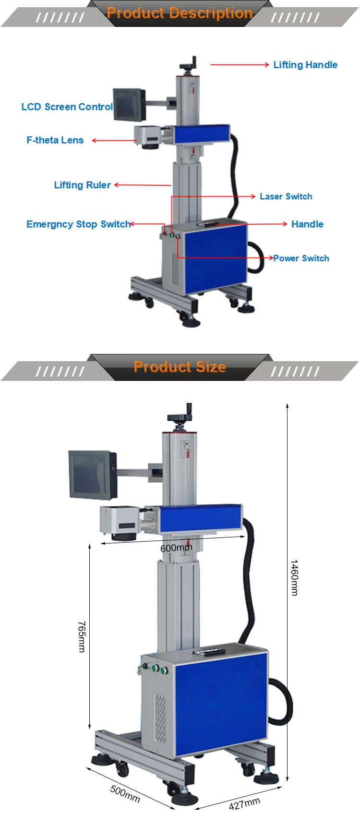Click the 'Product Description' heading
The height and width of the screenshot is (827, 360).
(x=180, y=13)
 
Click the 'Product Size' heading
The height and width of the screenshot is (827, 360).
(x=180, y=367)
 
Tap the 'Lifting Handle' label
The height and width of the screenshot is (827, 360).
(x=305, y=65)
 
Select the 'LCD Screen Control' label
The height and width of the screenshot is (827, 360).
(x=67, y=107)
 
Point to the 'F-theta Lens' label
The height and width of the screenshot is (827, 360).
(x=55, y=140)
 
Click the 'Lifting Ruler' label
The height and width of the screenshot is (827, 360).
(x=82, y=185)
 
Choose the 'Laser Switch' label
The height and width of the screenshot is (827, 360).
(x=286, y=196)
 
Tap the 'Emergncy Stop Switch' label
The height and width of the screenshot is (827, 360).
(x=78, y=224)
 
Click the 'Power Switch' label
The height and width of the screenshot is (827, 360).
(x=301, y=258)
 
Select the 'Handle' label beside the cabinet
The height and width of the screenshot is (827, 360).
(x=307, y=224)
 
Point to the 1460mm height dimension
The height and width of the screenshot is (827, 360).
(x=294, y=577)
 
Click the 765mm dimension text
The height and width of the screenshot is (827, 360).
(x=82, y=636)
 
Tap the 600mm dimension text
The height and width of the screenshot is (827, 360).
(x=176, y=547)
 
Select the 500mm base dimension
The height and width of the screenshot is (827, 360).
(x=125, y=793)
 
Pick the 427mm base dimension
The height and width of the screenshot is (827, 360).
(x=244, y=803)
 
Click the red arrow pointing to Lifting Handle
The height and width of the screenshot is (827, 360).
(x=240, y=64)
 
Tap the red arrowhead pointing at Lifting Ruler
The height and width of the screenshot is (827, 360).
(x=117, y=185)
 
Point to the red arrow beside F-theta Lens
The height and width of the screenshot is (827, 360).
(x=114, y=141)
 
